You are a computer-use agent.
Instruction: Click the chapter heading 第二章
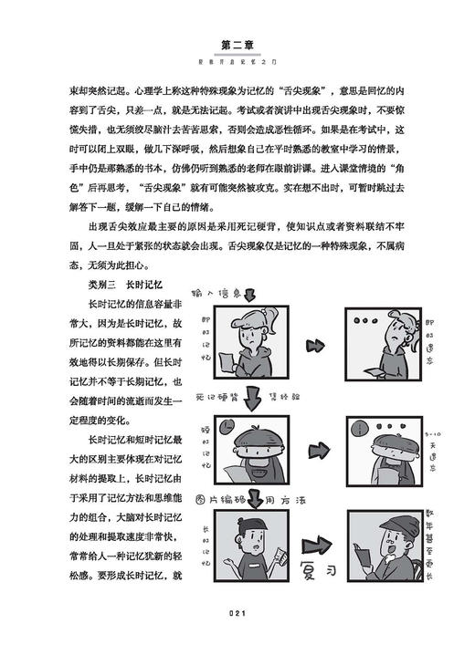tap(237, 43)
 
